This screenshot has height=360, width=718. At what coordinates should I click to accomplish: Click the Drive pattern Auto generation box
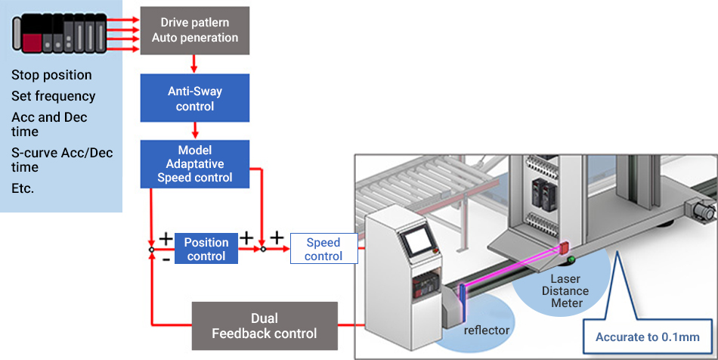pos(194,30)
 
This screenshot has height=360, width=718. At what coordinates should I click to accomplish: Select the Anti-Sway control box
pos(194,98)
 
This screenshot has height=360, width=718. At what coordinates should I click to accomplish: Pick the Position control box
pos(206,250)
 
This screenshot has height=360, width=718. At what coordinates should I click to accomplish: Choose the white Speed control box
pos(323,250)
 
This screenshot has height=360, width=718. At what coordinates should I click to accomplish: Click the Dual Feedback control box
pos(264,325)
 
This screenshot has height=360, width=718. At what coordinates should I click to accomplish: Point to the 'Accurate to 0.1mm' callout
pos(647,337)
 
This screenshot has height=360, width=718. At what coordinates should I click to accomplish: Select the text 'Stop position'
pos(51,75)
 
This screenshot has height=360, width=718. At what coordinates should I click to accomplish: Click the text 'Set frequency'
pos(53,96)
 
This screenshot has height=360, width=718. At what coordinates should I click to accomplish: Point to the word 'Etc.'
pos(23,188)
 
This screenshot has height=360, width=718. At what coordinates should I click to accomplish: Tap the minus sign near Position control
pos(166,259)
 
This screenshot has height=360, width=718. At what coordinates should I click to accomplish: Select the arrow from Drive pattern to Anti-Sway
pos(195,64)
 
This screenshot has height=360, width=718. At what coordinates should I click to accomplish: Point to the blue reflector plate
pos(462,291)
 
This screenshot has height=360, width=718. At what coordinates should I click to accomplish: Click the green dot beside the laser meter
pos(571,262)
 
